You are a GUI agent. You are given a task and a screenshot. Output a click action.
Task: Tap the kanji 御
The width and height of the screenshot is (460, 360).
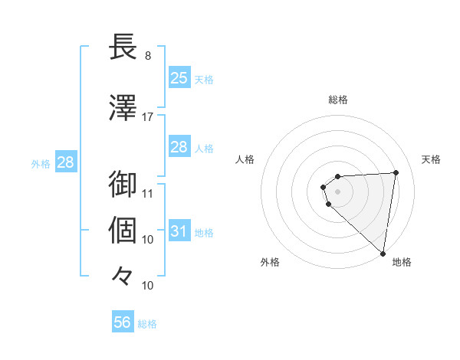point(123,184)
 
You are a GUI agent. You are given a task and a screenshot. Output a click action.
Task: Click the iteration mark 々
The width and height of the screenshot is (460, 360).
point(123,275)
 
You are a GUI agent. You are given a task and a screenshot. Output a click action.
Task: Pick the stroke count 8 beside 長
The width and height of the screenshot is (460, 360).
point(147,56)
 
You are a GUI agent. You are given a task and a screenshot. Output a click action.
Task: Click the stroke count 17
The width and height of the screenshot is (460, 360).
point(148,116)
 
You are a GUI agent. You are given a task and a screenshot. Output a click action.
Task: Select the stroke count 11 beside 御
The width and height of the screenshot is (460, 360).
point(148,194)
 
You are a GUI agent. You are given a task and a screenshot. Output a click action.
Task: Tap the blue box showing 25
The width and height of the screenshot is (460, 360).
point(179,77)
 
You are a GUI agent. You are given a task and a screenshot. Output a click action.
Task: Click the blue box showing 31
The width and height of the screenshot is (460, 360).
point(179,231)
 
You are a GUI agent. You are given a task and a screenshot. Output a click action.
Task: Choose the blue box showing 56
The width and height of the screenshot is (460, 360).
point(123,322)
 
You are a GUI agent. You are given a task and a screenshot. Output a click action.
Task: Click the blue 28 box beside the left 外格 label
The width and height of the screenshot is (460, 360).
point(65,162)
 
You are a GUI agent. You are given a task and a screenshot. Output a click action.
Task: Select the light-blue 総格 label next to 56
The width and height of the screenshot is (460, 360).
point(147,324)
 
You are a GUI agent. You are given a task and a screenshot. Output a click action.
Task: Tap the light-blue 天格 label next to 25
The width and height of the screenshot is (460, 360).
point(204,79)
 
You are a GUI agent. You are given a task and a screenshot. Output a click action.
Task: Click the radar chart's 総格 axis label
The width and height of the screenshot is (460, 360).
point(337,100)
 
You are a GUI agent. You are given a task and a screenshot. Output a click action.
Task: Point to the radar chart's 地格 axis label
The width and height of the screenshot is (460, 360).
point(402,262)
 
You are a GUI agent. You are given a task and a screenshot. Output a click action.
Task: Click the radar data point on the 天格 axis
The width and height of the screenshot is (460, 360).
point(396,172)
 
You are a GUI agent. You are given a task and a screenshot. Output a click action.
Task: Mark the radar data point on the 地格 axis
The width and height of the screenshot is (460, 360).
point(383,253)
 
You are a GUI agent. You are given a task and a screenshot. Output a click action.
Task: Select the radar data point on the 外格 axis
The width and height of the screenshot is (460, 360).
point(329,204)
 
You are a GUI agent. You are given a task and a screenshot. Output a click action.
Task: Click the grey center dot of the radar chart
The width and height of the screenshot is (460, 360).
point(337,191)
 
